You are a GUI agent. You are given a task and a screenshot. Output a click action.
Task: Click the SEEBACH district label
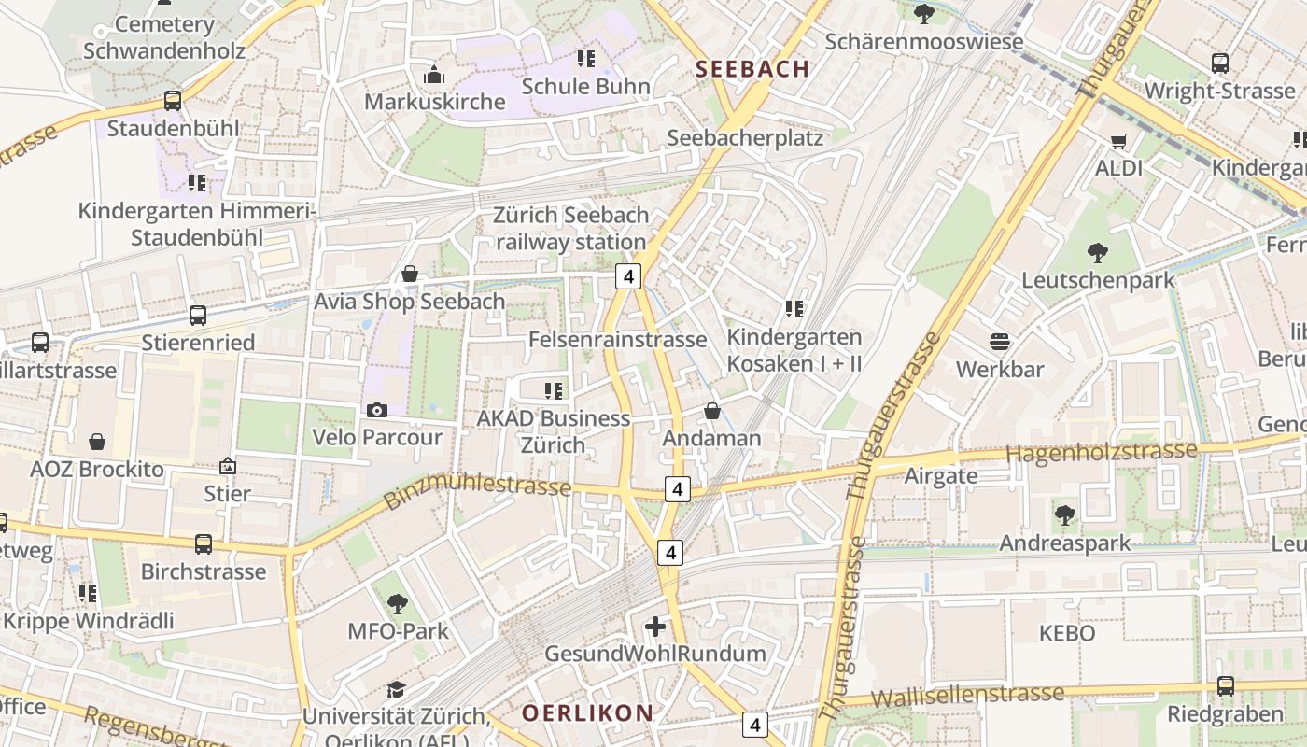[x=752, y=68]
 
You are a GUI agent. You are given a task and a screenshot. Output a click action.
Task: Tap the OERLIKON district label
[x=587, y=713]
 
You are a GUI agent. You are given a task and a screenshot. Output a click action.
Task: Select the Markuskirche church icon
[x=433, y=75]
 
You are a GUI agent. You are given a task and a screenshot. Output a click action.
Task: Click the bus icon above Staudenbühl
[x=173, y=101]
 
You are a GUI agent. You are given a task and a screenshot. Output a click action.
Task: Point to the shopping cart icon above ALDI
[x=1118, y=142]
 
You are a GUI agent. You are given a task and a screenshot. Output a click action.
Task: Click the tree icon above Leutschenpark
[x=1098, y=252]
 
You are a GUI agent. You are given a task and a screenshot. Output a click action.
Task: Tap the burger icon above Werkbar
[x=1000, y=342]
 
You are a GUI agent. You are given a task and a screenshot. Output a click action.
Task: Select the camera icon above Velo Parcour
[x=377, y=410]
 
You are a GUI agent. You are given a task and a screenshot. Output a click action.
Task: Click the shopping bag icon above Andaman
[x=712, y=411]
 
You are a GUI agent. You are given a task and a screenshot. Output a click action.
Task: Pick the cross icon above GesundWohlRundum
[x=655, y=626]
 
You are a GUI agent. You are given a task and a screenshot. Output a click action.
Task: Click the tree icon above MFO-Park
[x=398, y=603]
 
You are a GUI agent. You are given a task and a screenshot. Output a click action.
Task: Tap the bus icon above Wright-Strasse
[x=1219, y=63]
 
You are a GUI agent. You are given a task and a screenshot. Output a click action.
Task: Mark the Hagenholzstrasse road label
[x=1101, y=452]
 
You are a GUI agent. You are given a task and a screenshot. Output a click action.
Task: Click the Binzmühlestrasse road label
[x=477, y=485]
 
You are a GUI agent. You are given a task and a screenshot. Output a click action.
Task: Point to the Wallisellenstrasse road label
[x=966, y=695]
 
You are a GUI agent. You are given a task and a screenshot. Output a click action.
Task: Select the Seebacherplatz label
[x=745, y=138]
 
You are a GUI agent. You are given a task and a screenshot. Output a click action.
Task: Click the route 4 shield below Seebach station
[x=629, y=276]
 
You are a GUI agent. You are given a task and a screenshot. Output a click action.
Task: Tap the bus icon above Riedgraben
[x=1225, y=686]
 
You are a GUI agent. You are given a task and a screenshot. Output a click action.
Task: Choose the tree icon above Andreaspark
[x=1064, y=514]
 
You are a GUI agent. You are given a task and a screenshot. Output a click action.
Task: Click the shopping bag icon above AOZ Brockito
[x=97, y=442]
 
